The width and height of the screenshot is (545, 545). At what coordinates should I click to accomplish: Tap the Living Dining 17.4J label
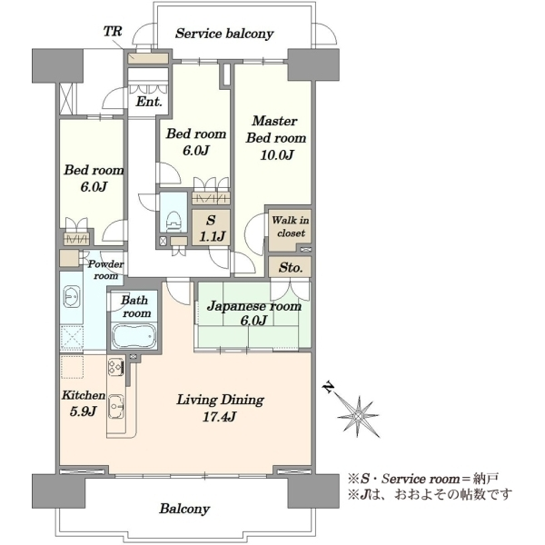pyautogui.click(x=221, y=408)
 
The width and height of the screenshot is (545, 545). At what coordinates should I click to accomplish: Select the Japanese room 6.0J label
pyautogui.click(x=254, y=312)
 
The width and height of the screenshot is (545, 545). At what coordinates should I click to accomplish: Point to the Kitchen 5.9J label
pyautogui.click(x=84, y=403)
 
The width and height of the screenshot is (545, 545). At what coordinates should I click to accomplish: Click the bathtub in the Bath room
pyautogui.click(x=134, y=336)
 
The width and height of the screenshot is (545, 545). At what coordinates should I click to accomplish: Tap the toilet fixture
pyautogui.click(x=174, y=221)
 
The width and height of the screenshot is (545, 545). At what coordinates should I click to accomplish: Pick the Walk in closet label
pyautogui.click(x=291, y=226)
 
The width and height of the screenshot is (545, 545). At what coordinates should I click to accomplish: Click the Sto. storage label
pyautogui.click(x=290, y=268)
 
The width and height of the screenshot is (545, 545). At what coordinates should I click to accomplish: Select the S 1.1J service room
pyautogui.click(x=212, y=228)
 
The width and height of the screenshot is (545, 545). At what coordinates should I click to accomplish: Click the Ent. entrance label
pyautogui.click(x=149, y=102)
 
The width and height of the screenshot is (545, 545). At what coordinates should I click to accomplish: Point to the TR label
pyautogui.click(x=113, y=31)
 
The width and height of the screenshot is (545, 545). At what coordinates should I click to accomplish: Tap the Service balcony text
pyautogui.click(x=224, y=34)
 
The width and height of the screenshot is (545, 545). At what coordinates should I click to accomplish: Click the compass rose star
pyautogui.click(x=359, y=416)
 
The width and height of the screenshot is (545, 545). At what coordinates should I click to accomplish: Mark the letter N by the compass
pyautogui.click(x=329, y=387)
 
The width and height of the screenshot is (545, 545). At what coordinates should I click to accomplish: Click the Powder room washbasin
pyautogui.click(x=73, y=297)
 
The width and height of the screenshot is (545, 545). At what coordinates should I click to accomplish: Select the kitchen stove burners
pyautogui.click(x=115, y=366)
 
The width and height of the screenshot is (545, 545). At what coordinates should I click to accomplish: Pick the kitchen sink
pyautogui.click(x=116, y=406)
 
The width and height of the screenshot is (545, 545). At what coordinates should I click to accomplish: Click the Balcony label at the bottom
pyautogui.click(x=184, y=509)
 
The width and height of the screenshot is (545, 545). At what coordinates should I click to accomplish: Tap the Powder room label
pyautogui.click(x=105, y=270)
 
